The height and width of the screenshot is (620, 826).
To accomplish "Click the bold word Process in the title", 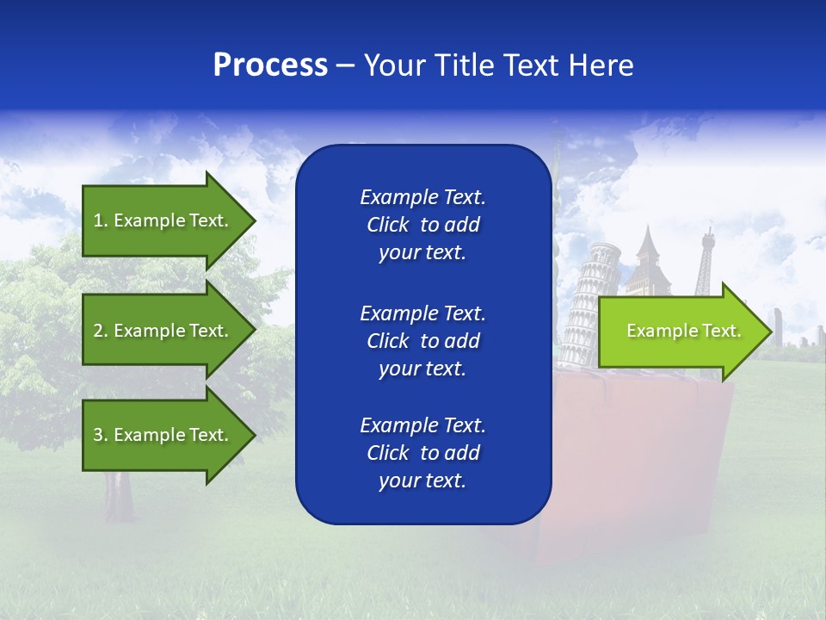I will point(270,65).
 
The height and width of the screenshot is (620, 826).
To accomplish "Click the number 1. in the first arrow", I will point(101,220).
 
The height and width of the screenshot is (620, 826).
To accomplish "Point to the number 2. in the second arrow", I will point(101,331).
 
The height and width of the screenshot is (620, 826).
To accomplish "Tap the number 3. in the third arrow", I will point(101,435).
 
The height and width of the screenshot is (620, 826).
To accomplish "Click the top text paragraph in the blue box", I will point(422,225).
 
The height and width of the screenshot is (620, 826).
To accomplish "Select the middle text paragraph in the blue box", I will point(422,341).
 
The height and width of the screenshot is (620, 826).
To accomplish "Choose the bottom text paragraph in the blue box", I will point(422,453).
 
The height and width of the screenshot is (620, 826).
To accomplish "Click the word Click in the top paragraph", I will point(388,225).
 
